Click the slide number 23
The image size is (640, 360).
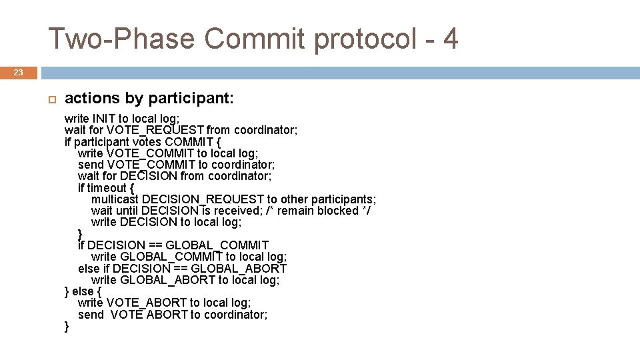(x=19, y=73)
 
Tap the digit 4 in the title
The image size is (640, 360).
(x=450, y=39)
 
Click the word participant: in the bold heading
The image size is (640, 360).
(x=191, y=99)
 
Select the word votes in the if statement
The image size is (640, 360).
(x=147, y=141)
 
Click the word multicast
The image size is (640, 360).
(x=115, y=199)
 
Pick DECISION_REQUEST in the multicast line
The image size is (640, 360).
(x=203, y=199)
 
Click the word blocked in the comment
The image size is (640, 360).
(x=335, y=211)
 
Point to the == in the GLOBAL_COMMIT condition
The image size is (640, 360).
(x=155, y=245)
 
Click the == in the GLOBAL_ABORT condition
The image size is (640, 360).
(x=181, y=268)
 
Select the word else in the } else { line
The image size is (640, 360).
(x=83, y=291)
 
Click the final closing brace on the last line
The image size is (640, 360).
(x=67, y=326)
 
